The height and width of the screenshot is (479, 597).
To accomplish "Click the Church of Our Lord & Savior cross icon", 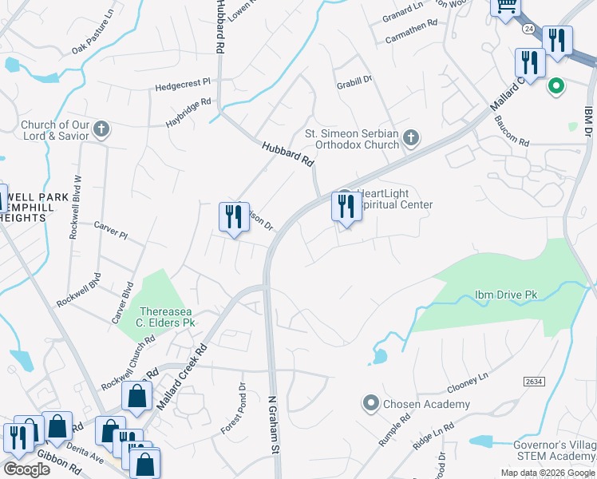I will coord(101,129).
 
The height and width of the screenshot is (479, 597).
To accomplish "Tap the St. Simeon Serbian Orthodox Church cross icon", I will coord(410,139).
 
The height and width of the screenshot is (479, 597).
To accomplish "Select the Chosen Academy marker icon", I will coord(370,404).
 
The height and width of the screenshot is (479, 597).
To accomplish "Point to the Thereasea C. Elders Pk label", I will coord(167,317).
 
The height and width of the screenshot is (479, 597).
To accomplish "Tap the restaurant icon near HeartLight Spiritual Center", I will coord(346,207).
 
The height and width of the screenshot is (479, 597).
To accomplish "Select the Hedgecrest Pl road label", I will coord(182,82).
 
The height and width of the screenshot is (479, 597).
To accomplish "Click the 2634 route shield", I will coord(535,382).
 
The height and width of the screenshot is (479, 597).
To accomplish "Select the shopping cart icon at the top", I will coord(504,6).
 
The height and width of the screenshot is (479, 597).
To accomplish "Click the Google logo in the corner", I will coord(26,469).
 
